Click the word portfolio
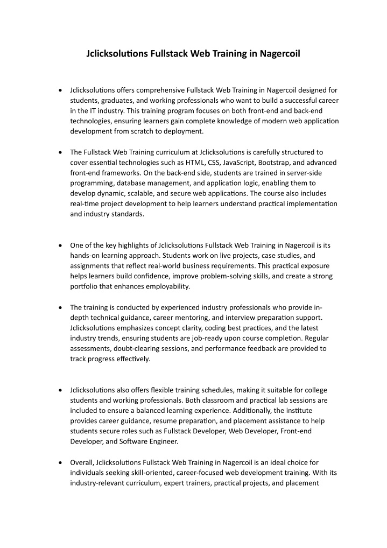tap(84, 286)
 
